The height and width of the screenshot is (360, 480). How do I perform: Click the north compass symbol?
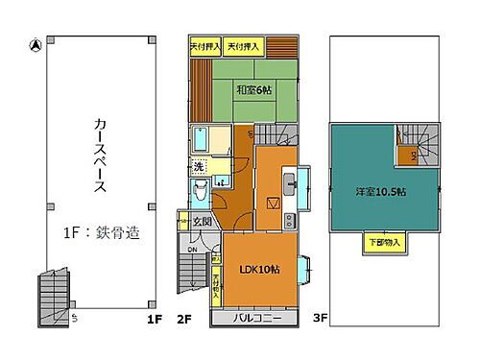pyautogui.click(x=35, y=44)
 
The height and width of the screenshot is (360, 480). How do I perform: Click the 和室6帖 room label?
pyautogui.click(x=252, y=91)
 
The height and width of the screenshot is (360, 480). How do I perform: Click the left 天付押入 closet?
pyautogui.click(x=204, y=46)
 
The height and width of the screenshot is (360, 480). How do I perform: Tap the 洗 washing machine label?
pyautogui.click(x=199, y=166)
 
